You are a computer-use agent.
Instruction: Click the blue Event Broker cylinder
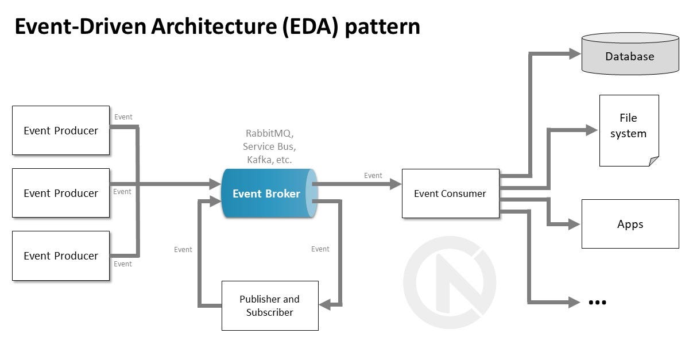268,193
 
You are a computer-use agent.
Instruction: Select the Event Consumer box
450,193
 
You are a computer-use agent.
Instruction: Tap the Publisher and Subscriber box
270,305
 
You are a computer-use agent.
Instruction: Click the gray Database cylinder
630,56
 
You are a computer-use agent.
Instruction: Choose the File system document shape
628,129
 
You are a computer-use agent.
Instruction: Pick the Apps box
630,224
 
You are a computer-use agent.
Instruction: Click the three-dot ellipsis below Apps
597,303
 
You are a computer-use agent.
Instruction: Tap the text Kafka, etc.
269,160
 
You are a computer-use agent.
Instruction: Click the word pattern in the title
382,27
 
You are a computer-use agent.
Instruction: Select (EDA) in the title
310,27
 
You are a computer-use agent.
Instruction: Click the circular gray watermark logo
450,282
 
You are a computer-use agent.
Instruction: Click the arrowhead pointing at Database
575,54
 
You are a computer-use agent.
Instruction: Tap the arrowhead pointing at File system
591,130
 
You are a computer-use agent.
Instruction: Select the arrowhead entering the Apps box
574,224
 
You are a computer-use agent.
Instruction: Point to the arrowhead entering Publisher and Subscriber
325,305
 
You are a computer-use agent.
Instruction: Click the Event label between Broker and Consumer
373,176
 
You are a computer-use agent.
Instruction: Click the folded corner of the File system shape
654,161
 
